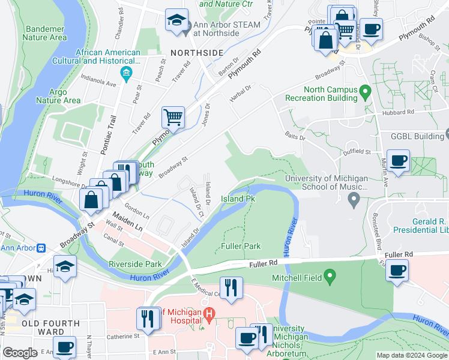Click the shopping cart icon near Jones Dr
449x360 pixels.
[173, 118]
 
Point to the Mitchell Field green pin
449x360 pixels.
[329, 277]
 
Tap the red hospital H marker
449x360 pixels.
[209, 314]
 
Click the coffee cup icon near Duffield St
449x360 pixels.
[398, 160]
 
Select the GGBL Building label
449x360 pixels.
[417, 136]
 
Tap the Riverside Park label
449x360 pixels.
[136, 264]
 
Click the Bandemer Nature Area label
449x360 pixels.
[44, 32]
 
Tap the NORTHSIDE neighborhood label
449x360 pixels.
[196, 52]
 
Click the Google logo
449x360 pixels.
[20, 353]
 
